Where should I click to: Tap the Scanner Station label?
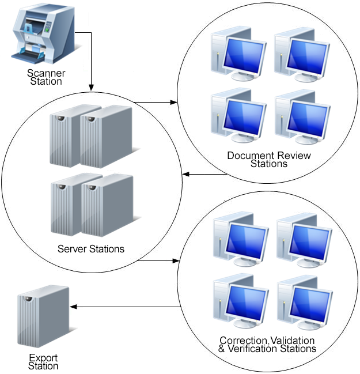tap(46, 77)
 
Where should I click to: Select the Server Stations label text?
tap(91, 250)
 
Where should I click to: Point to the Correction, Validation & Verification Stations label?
tap(267, 345)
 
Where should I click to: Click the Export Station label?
tap(43, 362)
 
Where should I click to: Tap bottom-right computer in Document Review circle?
tap(301, 117)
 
